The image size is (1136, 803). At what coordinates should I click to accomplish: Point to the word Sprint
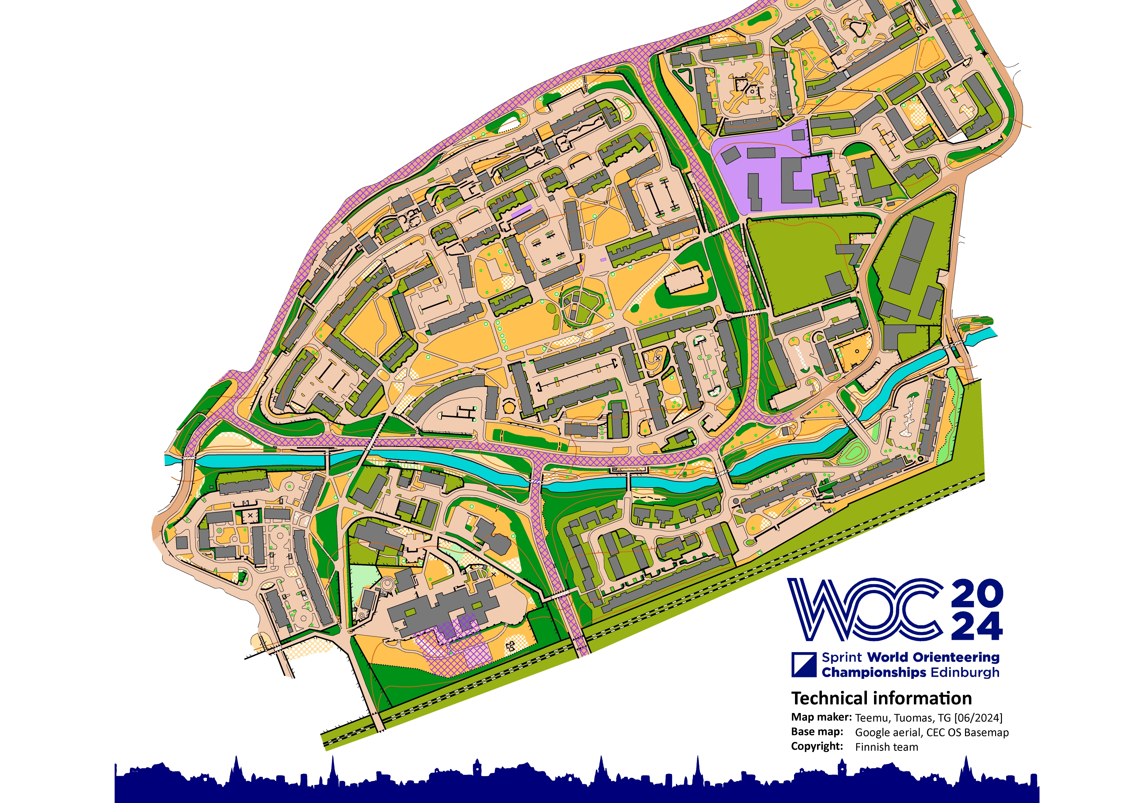[x=842, y=658]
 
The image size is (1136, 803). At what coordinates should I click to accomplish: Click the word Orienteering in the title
[x=956, y=658]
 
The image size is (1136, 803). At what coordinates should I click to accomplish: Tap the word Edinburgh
[x=965, y=673]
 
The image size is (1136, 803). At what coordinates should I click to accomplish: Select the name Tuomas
[x=913, y=718]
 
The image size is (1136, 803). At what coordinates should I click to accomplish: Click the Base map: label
[x=817, y=732]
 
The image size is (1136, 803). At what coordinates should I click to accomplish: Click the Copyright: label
[x=817, y=746]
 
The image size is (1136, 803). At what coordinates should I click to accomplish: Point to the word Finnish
[x=871, y=747]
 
